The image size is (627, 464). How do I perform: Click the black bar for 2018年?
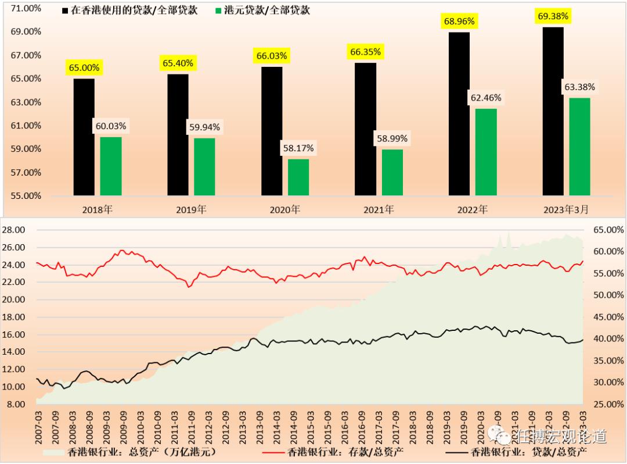84,137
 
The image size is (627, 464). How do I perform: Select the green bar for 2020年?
298,177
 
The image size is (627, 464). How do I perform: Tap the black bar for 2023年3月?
553,111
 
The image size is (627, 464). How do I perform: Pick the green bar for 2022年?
486,152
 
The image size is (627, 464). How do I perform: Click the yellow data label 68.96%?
459,22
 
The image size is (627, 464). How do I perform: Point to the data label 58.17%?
298,148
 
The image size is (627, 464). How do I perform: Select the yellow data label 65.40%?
178,63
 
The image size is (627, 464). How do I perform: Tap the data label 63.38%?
579,87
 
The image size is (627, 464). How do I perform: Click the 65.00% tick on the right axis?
606,230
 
